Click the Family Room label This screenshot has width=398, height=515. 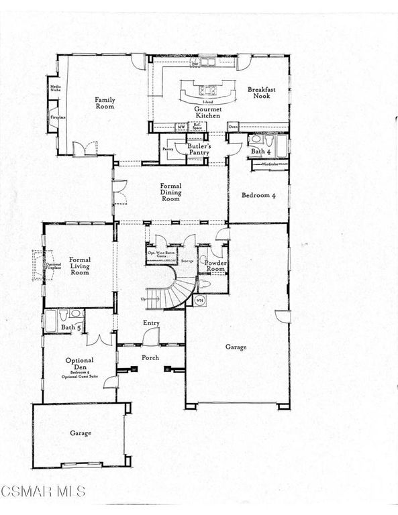tap(105, 103)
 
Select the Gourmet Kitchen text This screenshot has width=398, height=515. tap(207, 112)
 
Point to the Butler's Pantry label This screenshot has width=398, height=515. tap(199, 149)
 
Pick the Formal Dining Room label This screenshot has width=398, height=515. tap(170, 192)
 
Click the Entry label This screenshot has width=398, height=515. tap(151, 323)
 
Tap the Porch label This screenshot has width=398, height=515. tap(150, 357)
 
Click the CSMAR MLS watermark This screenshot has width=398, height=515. tap(43, 492)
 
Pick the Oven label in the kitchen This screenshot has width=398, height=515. tap(233, 126)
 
